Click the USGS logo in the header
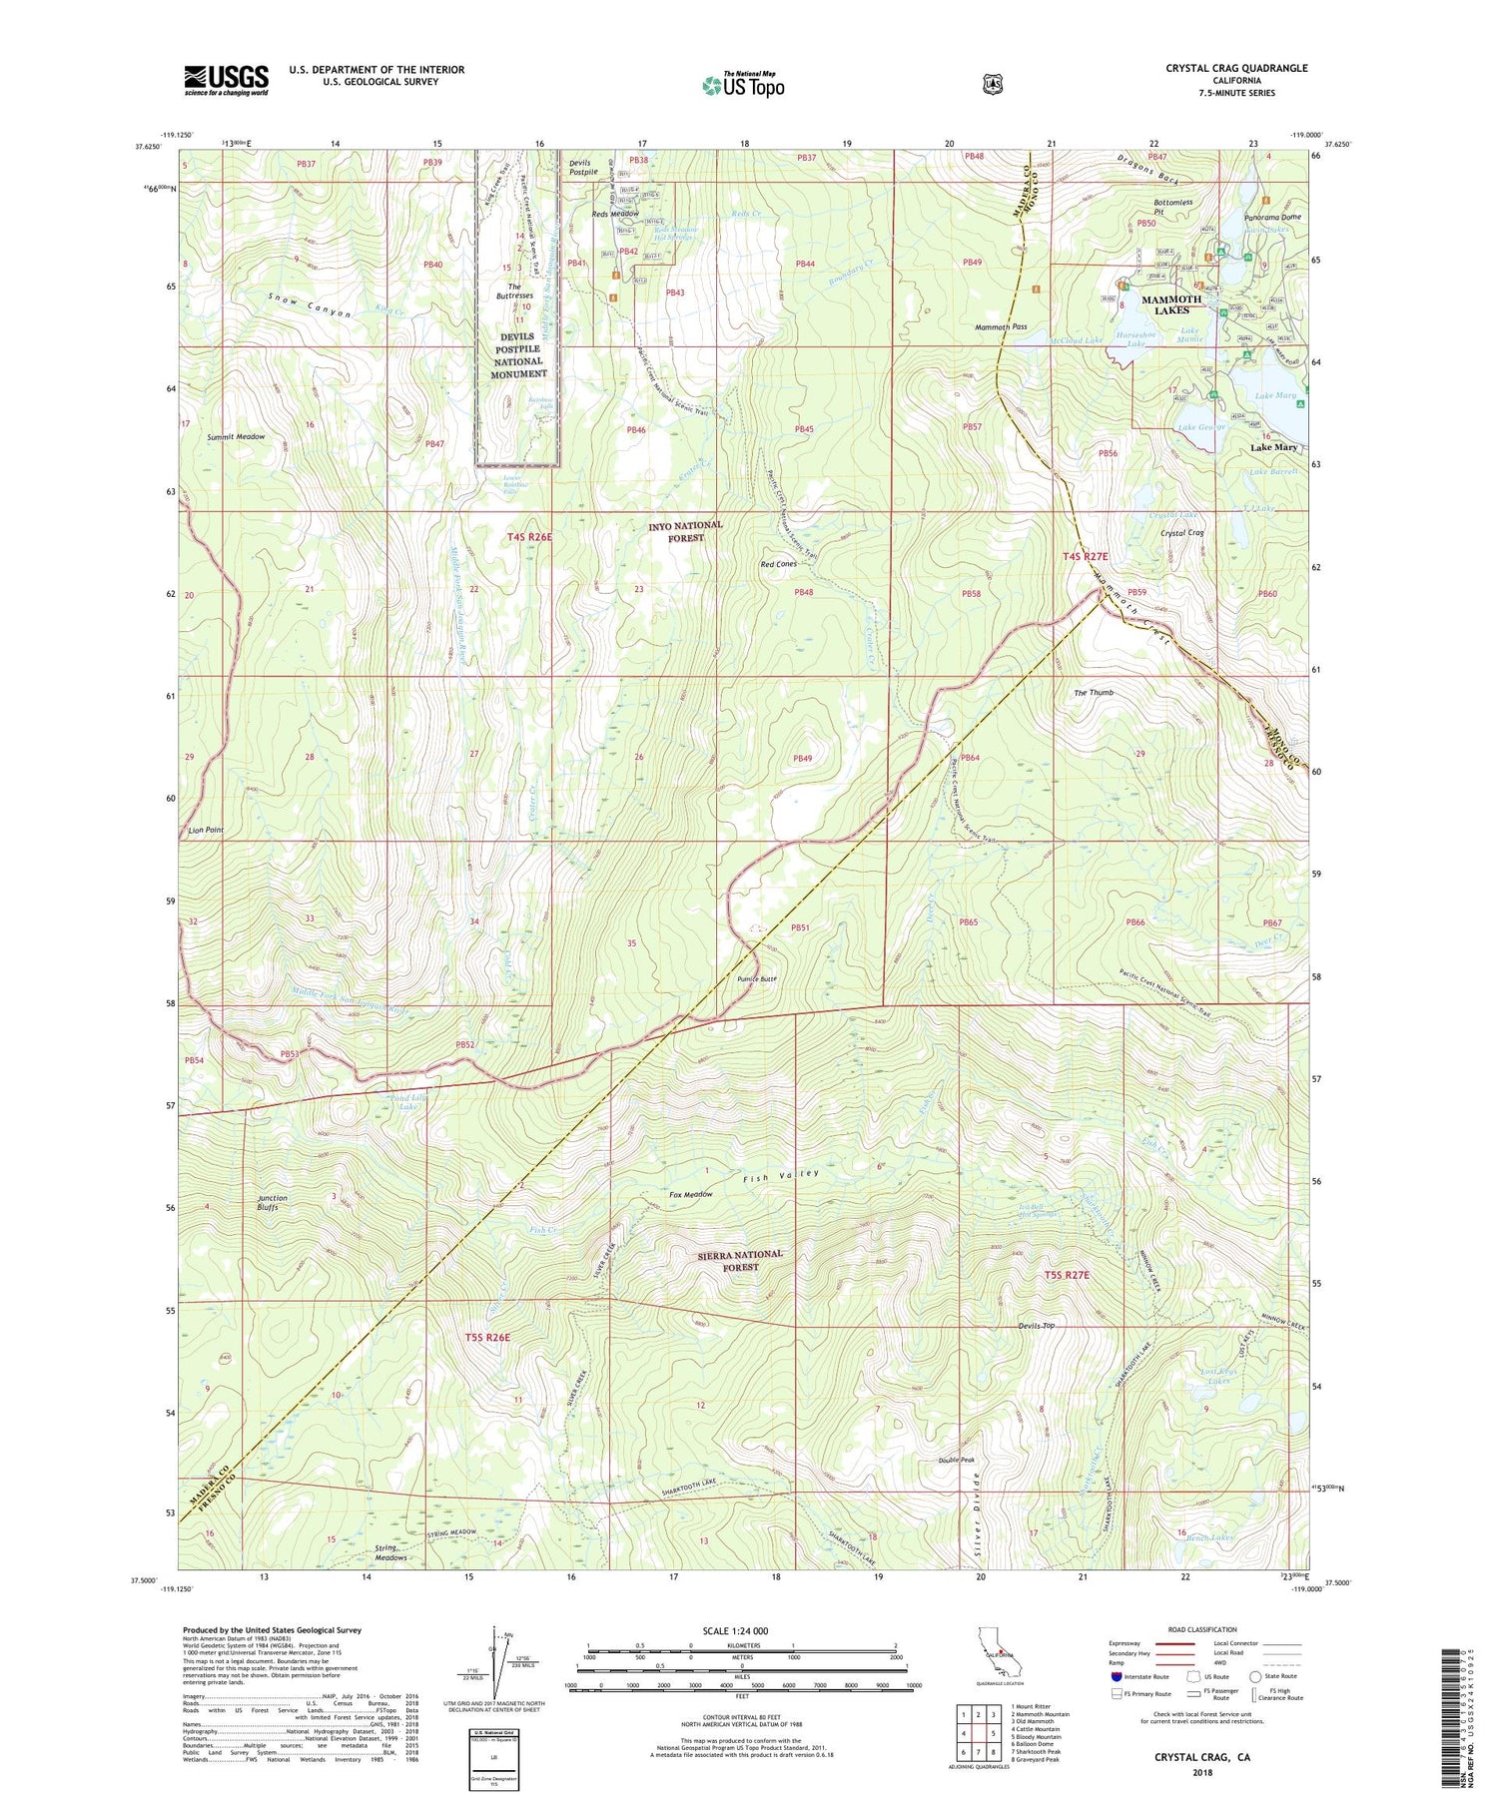227,80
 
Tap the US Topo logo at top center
743,85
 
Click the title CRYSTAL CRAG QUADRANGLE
1236,68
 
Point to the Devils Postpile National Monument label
518,355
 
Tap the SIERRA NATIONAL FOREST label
740,1260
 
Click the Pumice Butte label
757,979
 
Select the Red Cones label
779,565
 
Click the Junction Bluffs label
273,1203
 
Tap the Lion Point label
204,830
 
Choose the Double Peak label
956,1460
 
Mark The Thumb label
1093,693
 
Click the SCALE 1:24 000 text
742,1631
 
